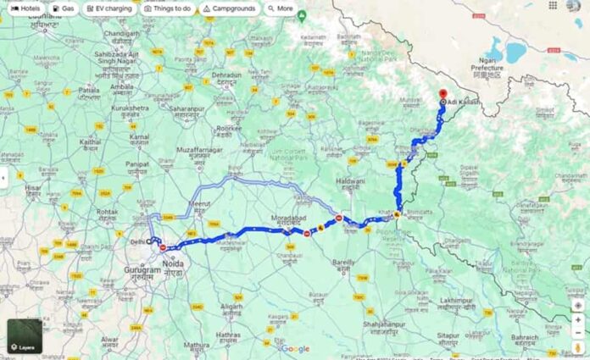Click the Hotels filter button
coord(26,8)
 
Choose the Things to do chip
coord(168,8)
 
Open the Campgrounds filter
coord(230,8)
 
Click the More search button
coord(281,8)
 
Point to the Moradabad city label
coord(287,218)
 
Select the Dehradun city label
coord(226,75)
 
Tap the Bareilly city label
coord(343,263)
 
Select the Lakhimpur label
coord(455,300)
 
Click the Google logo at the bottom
coord(295,348)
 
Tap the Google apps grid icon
coord(553,6)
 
